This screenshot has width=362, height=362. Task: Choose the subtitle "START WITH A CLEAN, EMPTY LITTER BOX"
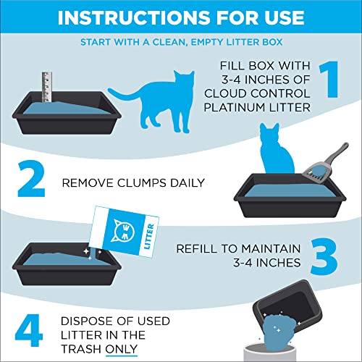click(180, 42)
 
